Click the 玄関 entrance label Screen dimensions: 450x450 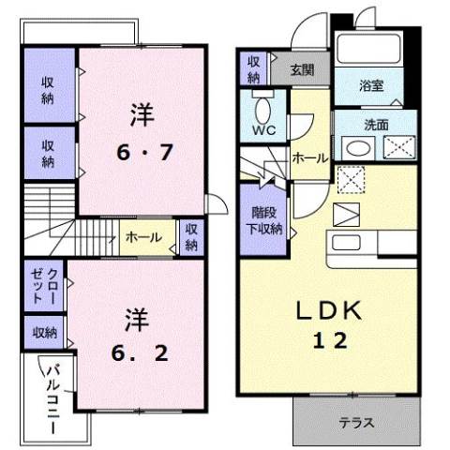[301, 69]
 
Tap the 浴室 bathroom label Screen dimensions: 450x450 [372, 85]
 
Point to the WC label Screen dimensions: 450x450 [262, 130]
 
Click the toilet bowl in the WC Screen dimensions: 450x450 [262, 102]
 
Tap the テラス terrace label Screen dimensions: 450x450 [356, 423]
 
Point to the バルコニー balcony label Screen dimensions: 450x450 [52, 397]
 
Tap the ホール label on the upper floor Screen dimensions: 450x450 [142, 237]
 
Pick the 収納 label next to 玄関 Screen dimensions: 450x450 [253, 69]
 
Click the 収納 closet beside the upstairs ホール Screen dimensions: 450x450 [191, 237]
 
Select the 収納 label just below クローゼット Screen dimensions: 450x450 [43, 332]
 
